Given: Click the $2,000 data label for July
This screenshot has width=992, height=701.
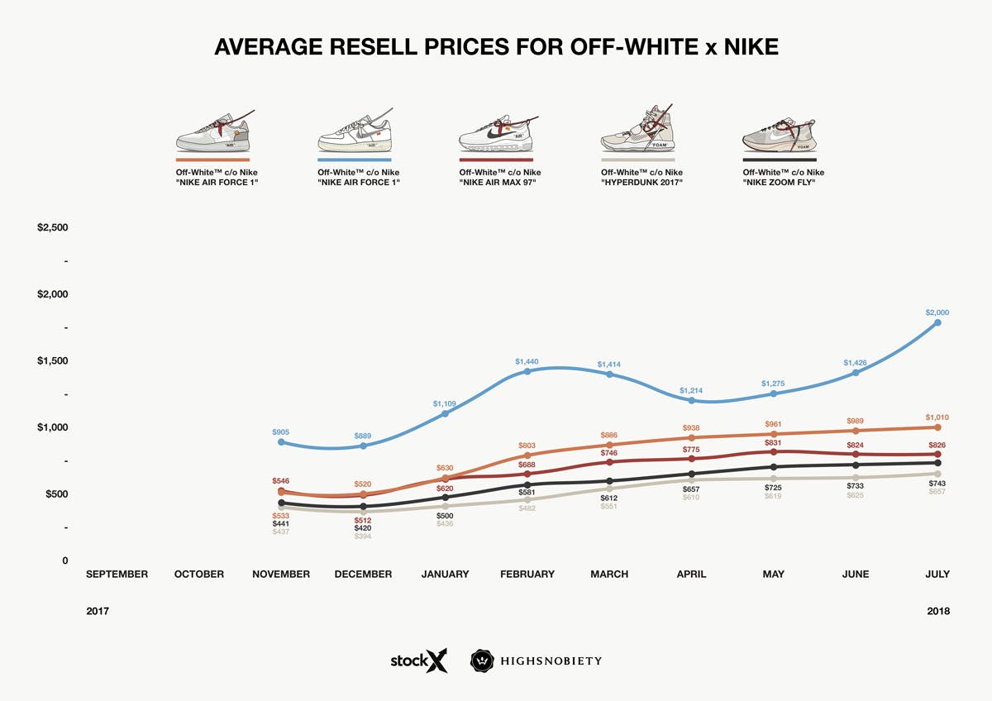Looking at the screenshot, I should pyautogui.click(x=937, y=312).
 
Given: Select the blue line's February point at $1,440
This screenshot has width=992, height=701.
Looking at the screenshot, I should pyautogui.click(x=527, y=371).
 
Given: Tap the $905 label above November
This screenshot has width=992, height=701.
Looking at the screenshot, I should pyautogui.click(x=281, y=432).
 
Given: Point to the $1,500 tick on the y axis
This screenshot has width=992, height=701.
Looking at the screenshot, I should pyautogui.click(x=53, y=361).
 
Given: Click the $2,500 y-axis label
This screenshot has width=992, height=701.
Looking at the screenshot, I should pyautogui.click(x=53, y=228).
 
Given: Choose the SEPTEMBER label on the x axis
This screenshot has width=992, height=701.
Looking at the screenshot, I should pyautogui.click(x=117, y=575).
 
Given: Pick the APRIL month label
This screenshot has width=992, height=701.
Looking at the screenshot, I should pyautogui.click(x=691, y=575).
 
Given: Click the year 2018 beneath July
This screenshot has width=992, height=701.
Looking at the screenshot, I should pyautogui.click(x=937, y=612).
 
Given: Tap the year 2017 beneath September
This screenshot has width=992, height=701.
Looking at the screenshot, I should pyautogui.click(x=98, y=612).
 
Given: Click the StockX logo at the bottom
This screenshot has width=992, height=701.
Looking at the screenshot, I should pyautogui.click(x=419, y=661).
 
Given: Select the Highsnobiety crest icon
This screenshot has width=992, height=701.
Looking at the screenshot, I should pyautogui.click(x=482, y=661).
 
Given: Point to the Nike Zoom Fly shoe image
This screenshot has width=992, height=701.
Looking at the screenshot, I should pyautogui.click(x=778, y=132).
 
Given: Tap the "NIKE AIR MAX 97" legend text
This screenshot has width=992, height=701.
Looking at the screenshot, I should pyautogui.click(x=499, y=181).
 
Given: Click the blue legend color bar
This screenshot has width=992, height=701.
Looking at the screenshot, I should pyautogui.click(x=354, y=160).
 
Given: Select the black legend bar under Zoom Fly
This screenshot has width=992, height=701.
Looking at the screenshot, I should pyautogui.click(x=779, y=160).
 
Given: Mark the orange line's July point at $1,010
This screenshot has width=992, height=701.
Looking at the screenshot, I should pyautogui.click(x=937, y=427).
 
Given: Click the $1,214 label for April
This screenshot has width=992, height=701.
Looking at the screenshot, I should pyautogui.click(x=691, y=390).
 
